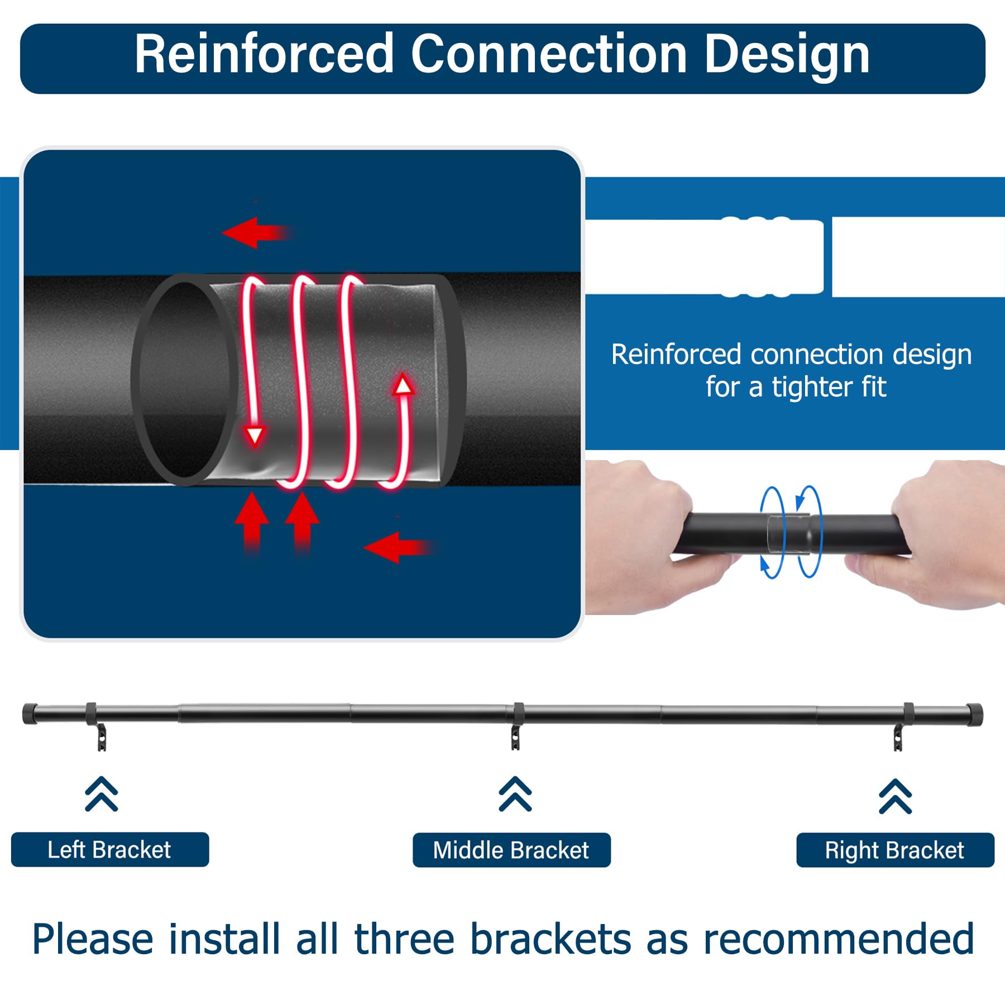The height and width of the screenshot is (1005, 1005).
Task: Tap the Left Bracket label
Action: pyautogui.click(x=109, y=849)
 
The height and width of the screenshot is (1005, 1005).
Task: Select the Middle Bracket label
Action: pyautogui.click(x=511, y=850)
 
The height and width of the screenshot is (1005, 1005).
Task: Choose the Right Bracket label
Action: pyautogui.click(x=895, y=850)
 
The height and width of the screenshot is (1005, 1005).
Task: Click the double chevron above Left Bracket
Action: pyautogui.click(x=102, y=793)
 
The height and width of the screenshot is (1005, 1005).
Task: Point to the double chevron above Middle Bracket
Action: pyautogui.click(x=515, y=793)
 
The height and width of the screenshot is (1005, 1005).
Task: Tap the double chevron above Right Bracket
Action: pyautogui.click(x=896, y=796)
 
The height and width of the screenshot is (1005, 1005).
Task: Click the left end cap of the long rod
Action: pyautogui.click(x=30, y=714)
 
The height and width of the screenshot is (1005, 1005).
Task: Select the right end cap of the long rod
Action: pyautogui.click(x=974, y=715)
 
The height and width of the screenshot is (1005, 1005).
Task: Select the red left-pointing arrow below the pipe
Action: pyautogui.click(x=398, y=547)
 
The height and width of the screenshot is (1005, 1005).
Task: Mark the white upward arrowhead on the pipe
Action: pyautogui.click(x=403, y=385)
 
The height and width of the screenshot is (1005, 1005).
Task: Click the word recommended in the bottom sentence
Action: pyautogui.click(x=839, y=940)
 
